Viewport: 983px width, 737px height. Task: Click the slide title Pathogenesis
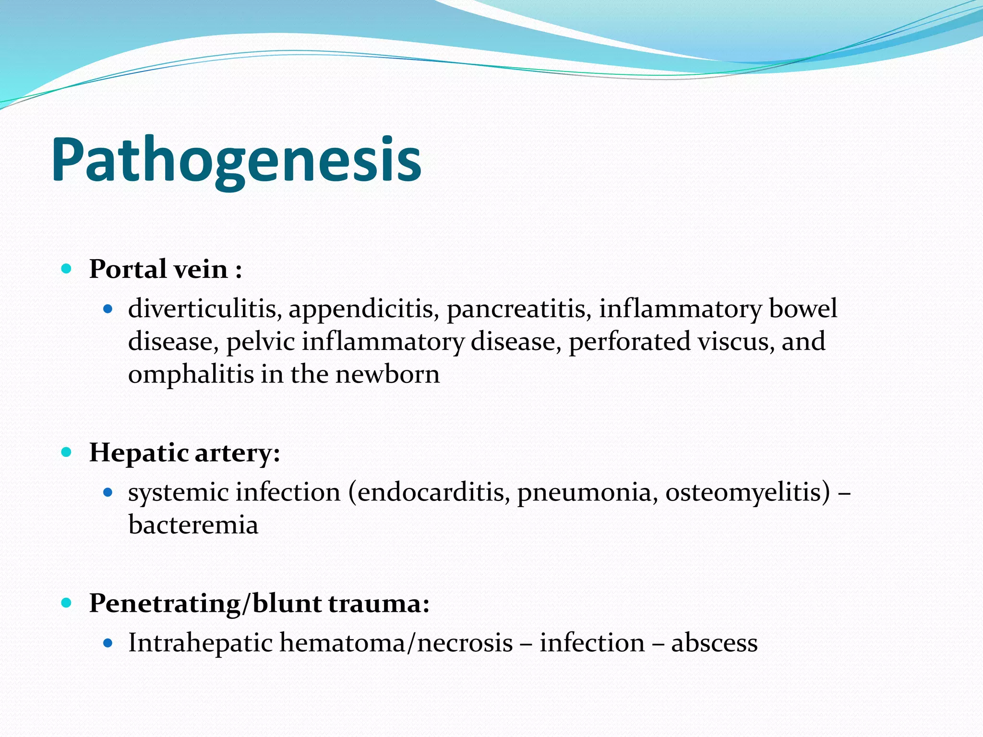[236, 160]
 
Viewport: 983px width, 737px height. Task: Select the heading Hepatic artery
[184, 452]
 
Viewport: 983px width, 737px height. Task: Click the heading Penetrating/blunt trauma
[259, 603]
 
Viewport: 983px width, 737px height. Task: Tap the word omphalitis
[191, 374]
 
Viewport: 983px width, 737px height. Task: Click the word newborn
[387, 374]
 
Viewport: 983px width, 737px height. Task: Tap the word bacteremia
[193, 525]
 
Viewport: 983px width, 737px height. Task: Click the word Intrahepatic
[200, 643]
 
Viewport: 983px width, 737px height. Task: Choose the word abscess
[714, 643]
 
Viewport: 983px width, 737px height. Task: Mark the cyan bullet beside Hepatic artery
[67, 452]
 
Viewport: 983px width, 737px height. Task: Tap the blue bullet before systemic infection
[108, 492]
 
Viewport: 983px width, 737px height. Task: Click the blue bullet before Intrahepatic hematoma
[108, 643]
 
